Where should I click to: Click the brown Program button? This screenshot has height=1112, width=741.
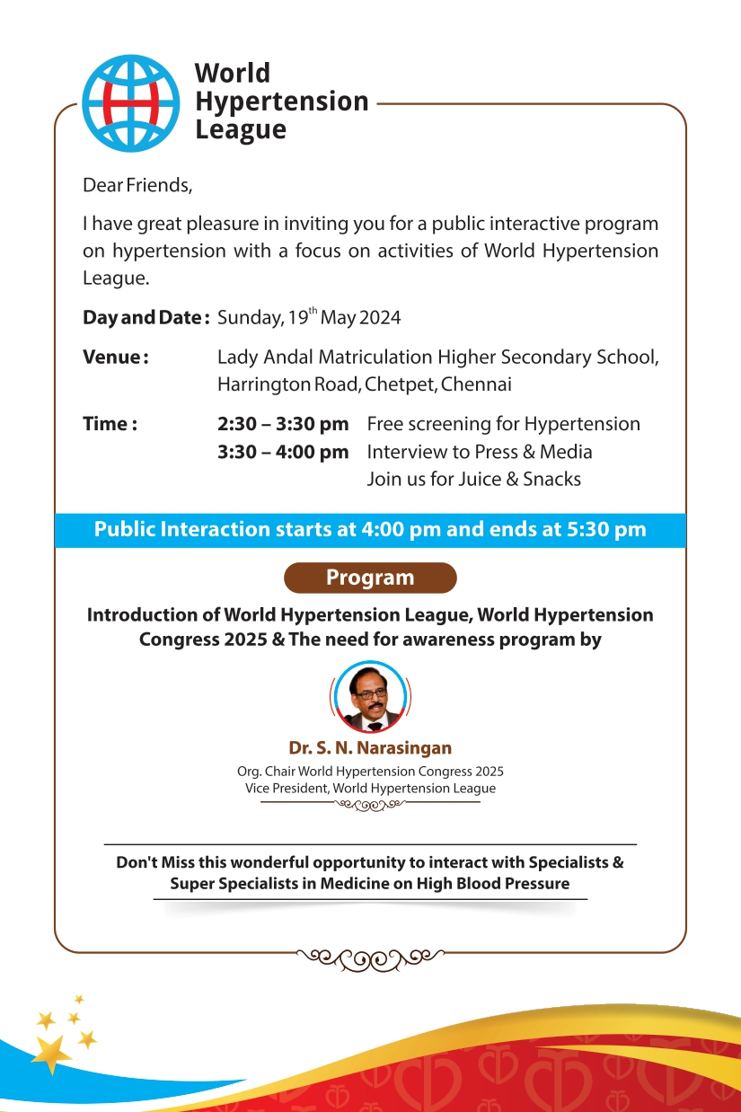pyautogui.click(x=370, y=578)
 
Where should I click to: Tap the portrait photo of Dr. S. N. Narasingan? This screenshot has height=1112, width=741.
pyautogui.click(x=370, y=696)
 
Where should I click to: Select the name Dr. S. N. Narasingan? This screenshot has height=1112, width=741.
pyautogui.click(x=370, y=748)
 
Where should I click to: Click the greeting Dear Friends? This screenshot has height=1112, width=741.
pyautogui.click(x=137, y=186)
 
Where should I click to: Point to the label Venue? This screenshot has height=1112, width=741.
pyautogui.click(x=115, y=357)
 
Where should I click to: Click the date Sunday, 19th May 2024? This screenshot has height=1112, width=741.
pyautogui.click(x=309, y=317)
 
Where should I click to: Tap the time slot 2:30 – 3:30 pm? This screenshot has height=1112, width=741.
pyautogui.click(x=282, y=424)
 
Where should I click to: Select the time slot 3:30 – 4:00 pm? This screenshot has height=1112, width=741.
pyautogui.click(x=282, y=452)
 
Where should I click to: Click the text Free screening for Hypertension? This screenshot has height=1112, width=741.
pyautogui.click(x=503, y=424)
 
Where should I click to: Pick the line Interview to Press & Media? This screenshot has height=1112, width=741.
pyautogui.click(x=480, y=452)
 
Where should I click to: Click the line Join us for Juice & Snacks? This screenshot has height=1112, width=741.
pyautogui.click(x=473, y=479)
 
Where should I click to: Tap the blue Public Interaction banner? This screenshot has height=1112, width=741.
pyautogui.click(x=370, y=529)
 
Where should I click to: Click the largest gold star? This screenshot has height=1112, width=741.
pyautogui.click(x=53, y=1052)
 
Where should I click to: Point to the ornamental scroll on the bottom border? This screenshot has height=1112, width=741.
pyautogui.click(x=370, y=958)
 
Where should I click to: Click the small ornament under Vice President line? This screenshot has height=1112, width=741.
pyautogui.click(x=370, y=804)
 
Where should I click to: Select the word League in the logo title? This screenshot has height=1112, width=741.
pyautogui.click(x=241, y=129)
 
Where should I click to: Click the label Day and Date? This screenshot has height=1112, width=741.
pyautogui.click(x=146, y=317)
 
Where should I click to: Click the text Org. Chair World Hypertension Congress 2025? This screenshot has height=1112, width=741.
pyautogui.click(x=370, y=772)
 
